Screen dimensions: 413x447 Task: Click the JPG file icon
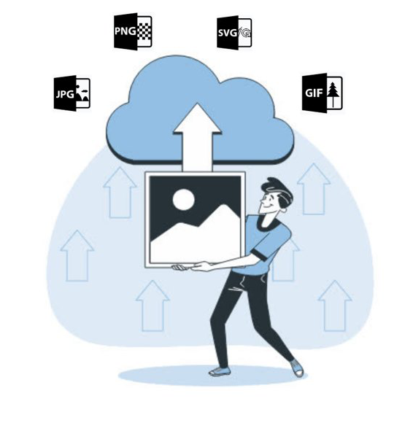[x=72, y=93]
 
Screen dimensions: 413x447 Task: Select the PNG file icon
[x=133, y=31]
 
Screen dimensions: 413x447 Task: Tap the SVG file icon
[x=234, y=33]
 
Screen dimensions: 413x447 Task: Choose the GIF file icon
[x=322, y=93]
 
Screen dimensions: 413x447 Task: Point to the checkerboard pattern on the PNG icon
[x=144, y=31]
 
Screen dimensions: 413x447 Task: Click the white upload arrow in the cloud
[x=197, y=137]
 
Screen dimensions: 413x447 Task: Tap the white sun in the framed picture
[x=183, y=198]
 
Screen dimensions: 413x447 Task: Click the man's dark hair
[x=278, y=190]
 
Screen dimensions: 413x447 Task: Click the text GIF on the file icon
[x=314, y=93]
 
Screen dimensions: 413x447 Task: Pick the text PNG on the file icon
[x=125, y=31]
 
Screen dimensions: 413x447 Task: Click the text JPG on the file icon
[x=65, y=94]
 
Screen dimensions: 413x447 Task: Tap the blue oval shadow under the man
[x=212, y=376]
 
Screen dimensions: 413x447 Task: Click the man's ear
[x=283, y=209]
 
